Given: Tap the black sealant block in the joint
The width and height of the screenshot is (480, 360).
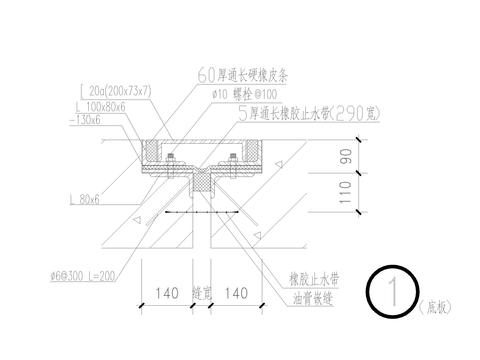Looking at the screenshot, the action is pos(201,183).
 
